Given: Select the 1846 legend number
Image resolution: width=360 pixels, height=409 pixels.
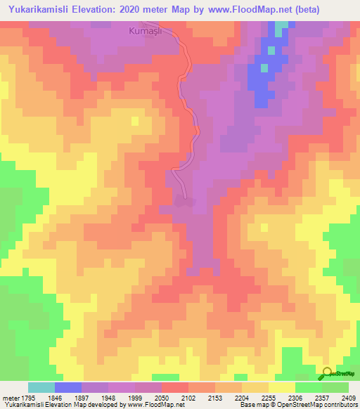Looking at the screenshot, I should coord(54,396).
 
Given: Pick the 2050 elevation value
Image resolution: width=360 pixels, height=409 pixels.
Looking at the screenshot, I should coord(161,396).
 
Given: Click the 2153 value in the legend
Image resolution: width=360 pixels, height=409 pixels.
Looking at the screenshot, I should coord(214,396).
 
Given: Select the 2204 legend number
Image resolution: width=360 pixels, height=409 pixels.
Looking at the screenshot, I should coord(241,396).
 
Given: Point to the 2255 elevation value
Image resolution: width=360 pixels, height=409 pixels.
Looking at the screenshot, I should coord(268,396).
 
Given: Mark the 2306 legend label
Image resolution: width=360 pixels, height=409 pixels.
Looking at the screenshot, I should coord(295,396).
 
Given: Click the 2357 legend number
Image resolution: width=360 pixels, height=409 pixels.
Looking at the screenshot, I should coord(321,396).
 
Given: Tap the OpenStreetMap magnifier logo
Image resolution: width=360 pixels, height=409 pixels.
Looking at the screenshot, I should coord(327,373).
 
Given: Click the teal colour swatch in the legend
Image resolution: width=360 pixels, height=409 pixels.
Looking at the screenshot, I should coord(41,387).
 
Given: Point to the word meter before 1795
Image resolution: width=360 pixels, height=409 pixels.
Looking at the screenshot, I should coord(9,396).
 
